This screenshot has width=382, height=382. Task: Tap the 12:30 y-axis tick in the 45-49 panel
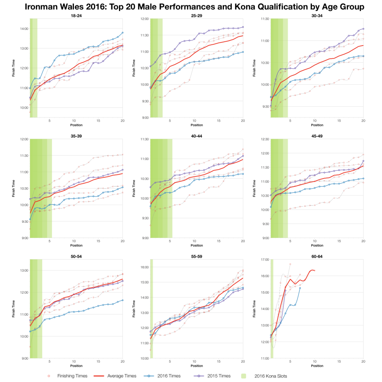(264, 139)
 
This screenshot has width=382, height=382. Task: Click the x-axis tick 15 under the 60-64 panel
(339, 362)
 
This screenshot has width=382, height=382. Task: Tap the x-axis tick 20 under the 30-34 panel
(363, 121)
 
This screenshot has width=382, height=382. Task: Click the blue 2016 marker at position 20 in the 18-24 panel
(123, 33)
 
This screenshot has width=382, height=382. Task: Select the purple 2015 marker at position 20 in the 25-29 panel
(243, 27)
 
